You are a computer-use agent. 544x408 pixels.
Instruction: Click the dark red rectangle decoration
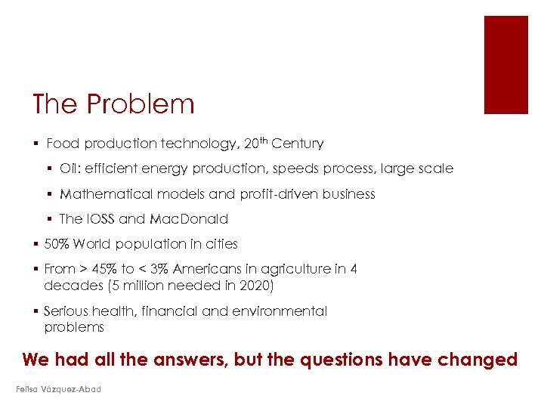(505, 64)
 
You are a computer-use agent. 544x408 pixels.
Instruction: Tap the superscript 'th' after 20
(262, 140)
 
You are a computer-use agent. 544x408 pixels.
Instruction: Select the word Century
(297, 144)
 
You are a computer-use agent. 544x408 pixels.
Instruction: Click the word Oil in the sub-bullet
(69, 169)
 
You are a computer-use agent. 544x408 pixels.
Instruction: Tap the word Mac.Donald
(188, 219)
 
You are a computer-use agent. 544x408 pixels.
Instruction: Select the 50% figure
(57, 244)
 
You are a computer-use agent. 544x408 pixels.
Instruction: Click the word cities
(219, 244)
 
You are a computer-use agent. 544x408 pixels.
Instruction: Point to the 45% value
(100, 269)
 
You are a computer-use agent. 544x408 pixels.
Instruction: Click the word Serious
(68, 311)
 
